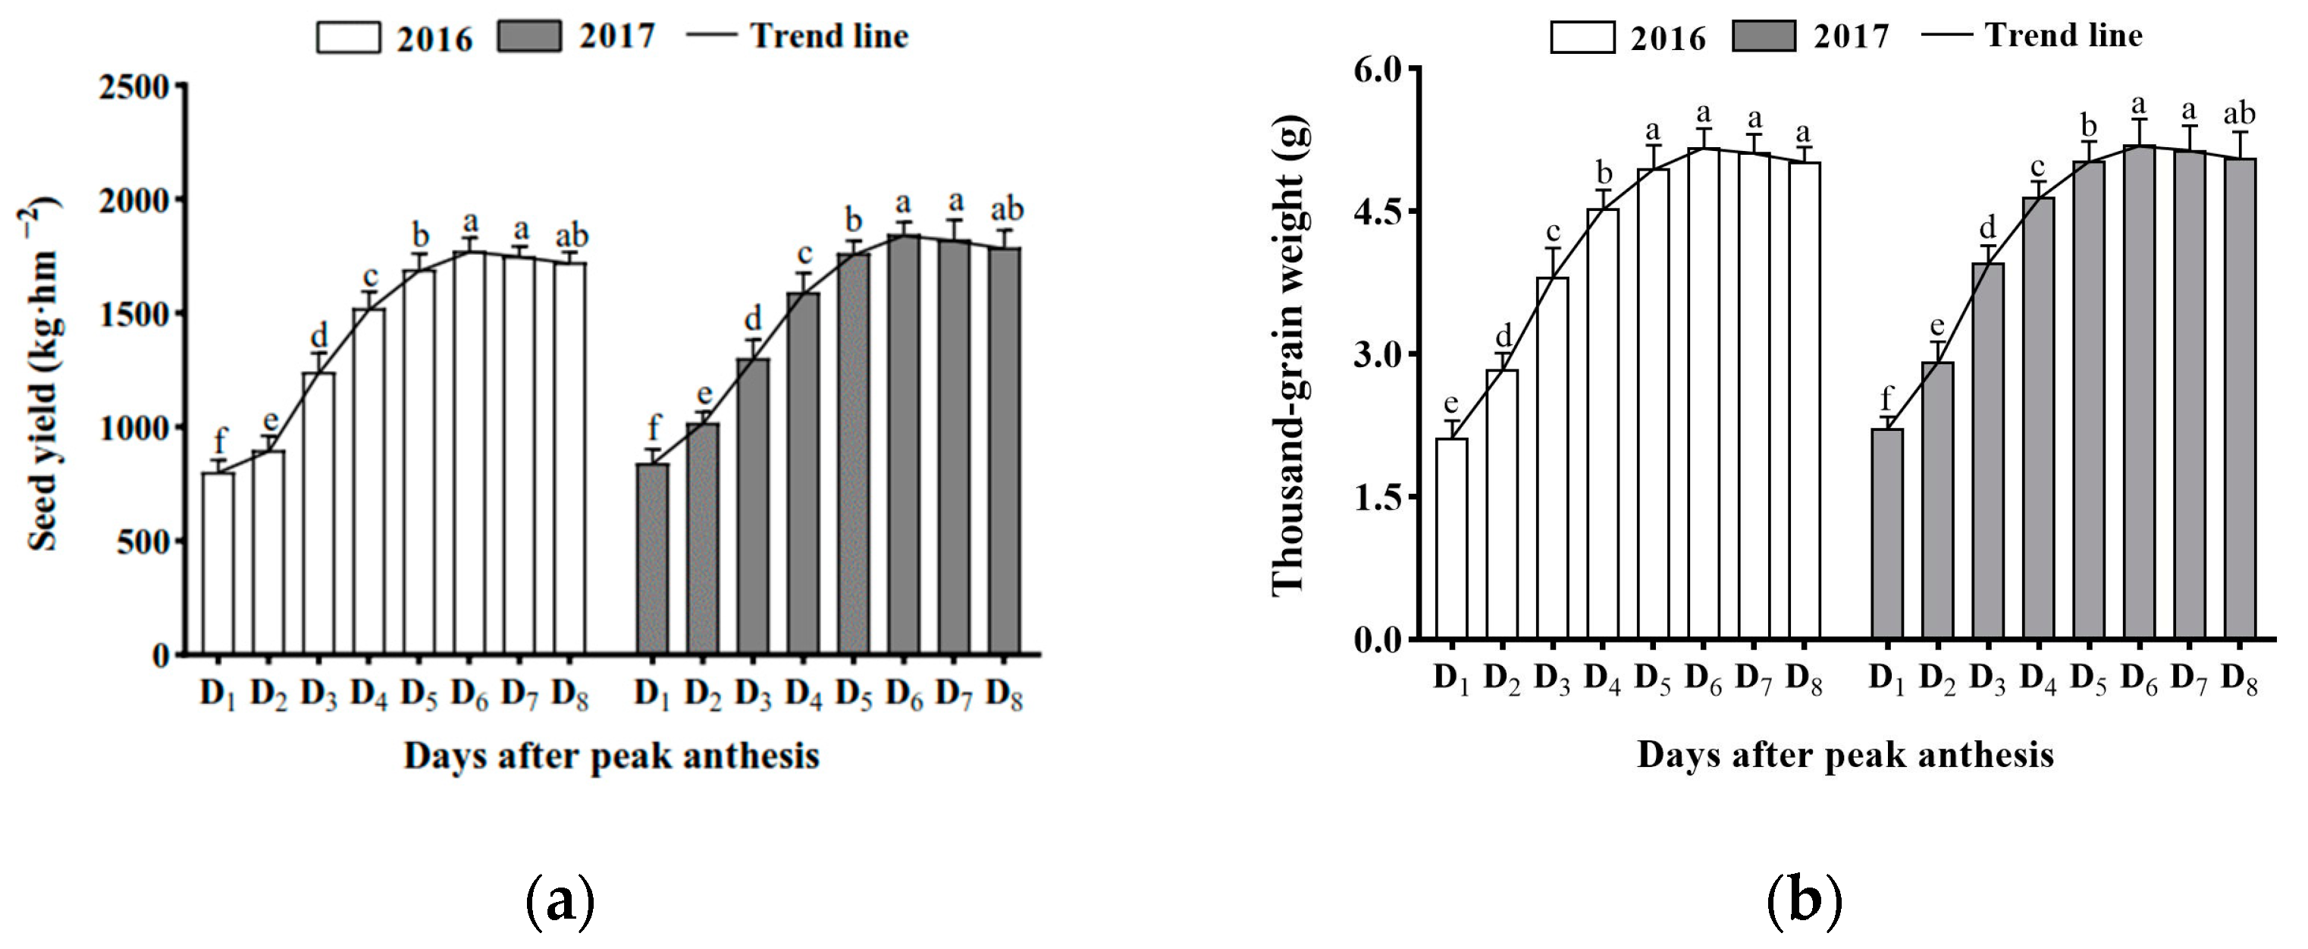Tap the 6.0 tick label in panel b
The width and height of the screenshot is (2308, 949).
1375,69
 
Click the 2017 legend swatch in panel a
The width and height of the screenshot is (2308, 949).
528,36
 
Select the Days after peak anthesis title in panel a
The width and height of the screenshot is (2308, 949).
611,756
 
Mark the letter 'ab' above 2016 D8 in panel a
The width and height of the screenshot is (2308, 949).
572,237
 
